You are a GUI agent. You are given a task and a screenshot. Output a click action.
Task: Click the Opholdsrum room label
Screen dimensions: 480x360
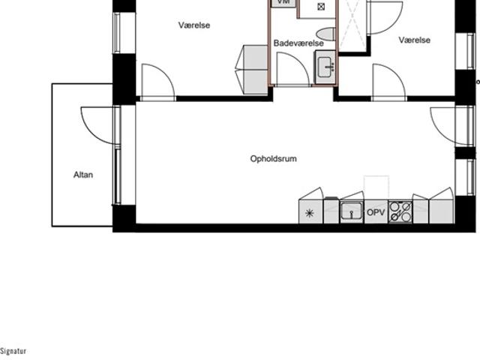[273, 159]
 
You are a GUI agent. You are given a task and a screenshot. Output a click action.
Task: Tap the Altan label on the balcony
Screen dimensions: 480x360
[83, 175]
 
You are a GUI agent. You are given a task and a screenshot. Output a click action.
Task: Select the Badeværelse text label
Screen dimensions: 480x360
[298, 43]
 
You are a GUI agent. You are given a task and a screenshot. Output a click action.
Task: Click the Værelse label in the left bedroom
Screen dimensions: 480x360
[194, 25]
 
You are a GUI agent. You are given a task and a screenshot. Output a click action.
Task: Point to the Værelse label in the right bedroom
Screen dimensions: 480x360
[415, 40]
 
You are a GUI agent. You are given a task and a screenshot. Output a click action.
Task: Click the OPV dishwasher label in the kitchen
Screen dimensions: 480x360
[376, 212]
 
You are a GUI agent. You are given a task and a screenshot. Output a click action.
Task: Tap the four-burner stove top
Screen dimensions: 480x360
[400, 211]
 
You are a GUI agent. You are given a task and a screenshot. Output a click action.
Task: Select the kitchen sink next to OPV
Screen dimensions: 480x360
[352, 211]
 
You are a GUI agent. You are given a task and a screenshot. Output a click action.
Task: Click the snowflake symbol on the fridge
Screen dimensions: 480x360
[310, 213]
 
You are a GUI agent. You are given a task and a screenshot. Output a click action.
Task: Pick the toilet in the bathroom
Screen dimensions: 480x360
[325, 34]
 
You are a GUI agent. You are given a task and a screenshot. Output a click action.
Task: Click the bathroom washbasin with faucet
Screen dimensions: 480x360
[325, 67]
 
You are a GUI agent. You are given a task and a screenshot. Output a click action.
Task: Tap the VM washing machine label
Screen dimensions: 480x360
[283, 2]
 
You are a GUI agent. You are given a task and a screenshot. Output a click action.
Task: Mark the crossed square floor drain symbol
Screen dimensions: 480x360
[321, 7]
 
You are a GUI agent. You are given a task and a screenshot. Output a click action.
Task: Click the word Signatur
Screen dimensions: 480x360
[13, 351]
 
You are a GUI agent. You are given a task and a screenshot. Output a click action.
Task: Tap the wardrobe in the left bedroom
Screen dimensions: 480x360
[253, 70]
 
